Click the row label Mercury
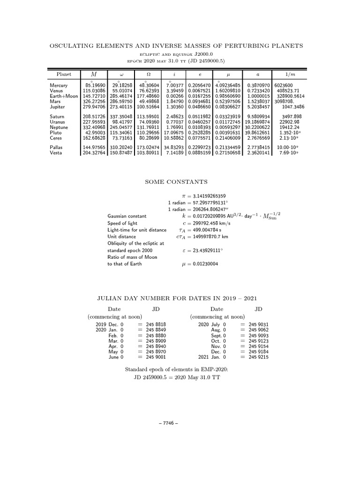click(59, 85)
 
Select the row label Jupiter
click(58, 106)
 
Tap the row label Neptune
click(59, 127)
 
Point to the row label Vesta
click(56, 153)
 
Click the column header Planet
click(64, 74)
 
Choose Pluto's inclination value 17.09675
click(172, 133)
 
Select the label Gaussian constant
click(127, 216)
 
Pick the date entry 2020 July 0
click(212, 324)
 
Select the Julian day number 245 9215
click(259, 357)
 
